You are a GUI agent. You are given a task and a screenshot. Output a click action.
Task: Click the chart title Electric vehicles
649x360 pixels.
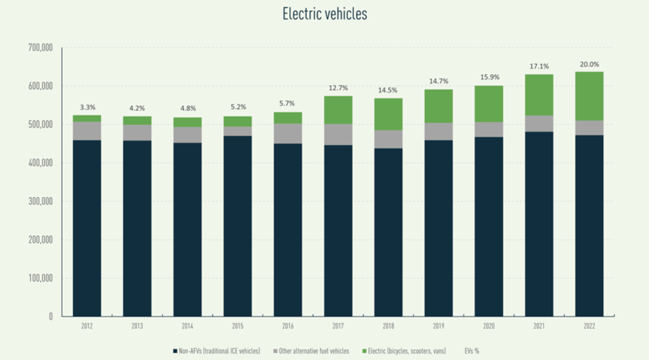[x=325, y=14]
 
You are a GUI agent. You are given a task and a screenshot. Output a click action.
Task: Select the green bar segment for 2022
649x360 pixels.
[x=589, y=96]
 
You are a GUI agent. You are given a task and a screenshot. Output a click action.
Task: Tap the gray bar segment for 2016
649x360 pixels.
[x=288, y=133]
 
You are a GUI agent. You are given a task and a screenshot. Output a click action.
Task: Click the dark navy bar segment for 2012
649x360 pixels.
[x=87, y=228]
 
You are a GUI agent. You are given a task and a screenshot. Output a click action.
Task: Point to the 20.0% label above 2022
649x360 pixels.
[x=589, y=64]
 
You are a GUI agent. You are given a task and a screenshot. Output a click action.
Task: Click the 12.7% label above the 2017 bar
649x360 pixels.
[x=338, y=88]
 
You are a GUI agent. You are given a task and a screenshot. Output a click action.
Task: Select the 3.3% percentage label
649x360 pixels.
[x=87, y=107]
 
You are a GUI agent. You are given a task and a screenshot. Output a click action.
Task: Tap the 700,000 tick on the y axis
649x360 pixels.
[x=40, y=48]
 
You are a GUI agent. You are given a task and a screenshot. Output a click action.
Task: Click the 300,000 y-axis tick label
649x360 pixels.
[x=40, y=202]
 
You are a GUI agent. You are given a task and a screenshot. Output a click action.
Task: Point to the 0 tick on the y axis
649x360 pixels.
[x=49, y=316]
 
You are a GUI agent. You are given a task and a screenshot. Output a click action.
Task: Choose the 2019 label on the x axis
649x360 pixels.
[x=439, y=326]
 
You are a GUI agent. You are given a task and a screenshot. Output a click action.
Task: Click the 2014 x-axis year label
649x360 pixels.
[x=188, y=326]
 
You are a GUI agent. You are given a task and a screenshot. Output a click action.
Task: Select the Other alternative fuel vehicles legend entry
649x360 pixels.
[x=314, y=350]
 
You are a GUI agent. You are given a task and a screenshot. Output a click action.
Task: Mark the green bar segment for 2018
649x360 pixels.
[x=388, y=114]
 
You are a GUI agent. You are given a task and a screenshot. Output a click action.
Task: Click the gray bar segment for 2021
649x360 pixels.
[x=539, y=124]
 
